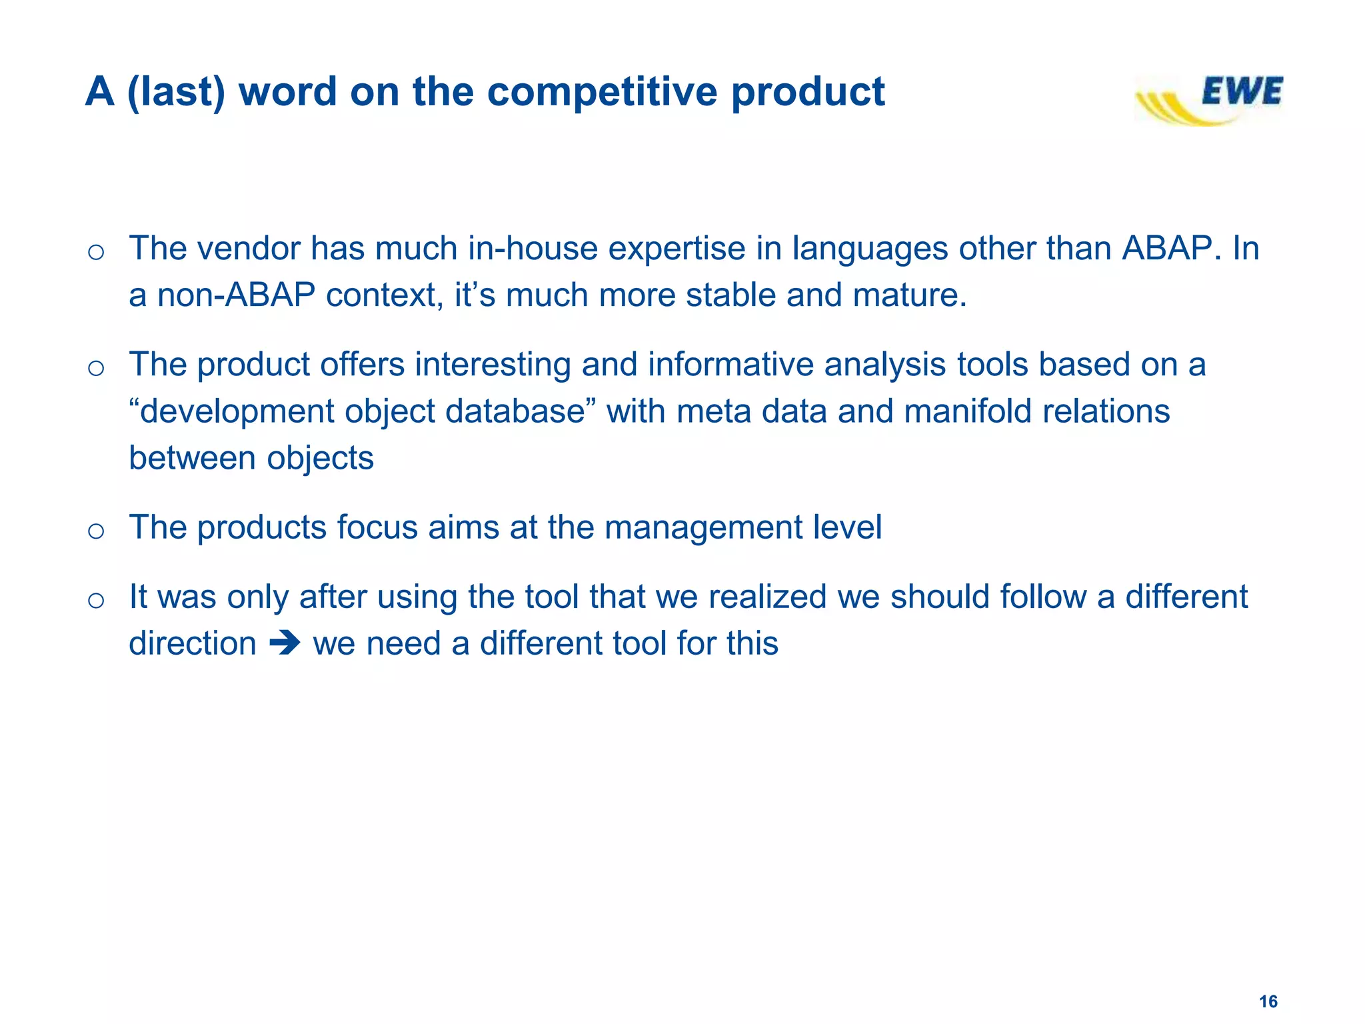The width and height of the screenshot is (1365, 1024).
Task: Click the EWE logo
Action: tap(1209, 100)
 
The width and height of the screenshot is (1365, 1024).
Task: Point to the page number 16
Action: tap(1268, 1001)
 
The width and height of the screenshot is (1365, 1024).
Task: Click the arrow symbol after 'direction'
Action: tap(285, 644)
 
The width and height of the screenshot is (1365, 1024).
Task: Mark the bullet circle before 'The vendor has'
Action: tap(96, 252)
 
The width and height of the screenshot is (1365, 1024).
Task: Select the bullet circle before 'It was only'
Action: tap(96, 600)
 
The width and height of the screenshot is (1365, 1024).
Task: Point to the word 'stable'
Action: tap(730, 295)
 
